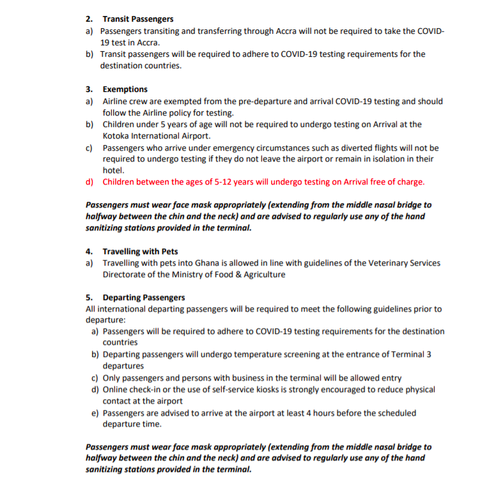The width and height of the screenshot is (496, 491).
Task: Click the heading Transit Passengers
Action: coord(137,19)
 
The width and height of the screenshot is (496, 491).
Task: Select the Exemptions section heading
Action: coord(125,89)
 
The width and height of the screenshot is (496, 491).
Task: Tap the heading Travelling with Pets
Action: coord(140,252)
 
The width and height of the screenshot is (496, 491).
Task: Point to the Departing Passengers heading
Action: coord(144,298)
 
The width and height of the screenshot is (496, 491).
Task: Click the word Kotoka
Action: coord(118,136)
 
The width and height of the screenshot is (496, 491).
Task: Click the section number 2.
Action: coord(88,19)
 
